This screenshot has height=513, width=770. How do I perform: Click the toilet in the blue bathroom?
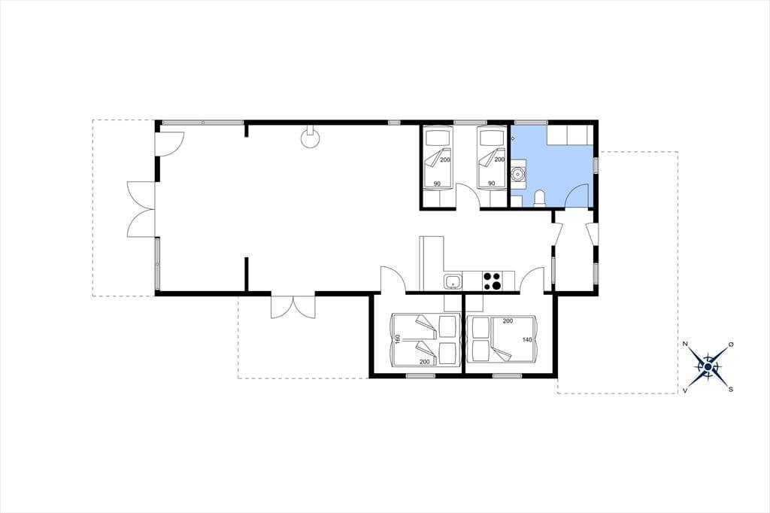coord(540,198)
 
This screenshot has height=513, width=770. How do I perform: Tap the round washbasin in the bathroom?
coord(517,174)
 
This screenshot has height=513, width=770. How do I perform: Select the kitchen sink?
coord(453,282)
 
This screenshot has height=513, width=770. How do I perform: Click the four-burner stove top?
coord(492,281)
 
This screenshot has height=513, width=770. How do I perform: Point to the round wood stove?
coord(310,138)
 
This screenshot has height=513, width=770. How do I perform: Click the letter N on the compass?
coord(684,344)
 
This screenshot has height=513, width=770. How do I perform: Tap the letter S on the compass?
coord(731,389)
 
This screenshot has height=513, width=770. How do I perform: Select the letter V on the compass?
coord(685,390)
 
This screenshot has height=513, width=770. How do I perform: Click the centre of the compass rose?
coord(708,366)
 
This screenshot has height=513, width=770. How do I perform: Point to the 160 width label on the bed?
coord(398,339)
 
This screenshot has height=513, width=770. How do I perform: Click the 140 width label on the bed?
coord(527,339)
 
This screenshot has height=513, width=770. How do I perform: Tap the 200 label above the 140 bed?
coord(508,321)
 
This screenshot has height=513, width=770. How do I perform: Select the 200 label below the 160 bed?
coord(425,362)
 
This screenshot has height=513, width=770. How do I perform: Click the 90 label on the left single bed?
coord(437,184)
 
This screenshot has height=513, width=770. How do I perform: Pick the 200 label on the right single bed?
coord(499,159)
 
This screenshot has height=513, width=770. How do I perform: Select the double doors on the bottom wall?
coord(293,306)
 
